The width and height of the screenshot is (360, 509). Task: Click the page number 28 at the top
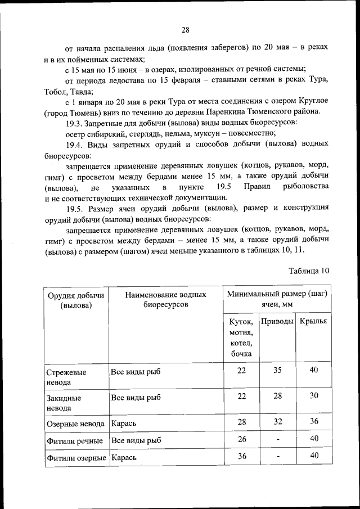(x=185, y=30)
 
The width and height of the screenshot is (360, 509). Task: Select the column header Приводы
(x=277, y=321)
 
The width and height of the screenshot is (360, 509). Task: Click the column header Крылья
(x=313, y=321)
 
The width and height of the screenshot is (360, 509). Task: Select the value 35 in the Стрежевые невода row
(x=277, y=370)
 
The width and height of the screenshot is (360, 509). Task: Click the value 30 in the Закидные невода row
(x=314, y=395)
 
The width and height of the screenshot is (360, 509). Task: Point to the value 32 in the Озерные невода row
(x=277, y=421)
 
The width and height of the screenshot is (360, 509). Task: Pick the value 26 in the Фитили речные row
(x=242, y=438)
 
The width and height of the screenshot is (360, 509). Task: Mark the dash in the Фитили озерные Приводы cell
(x=277, y=457)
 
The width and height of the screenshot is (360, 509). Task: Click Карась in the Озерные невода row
(x=124, y=422)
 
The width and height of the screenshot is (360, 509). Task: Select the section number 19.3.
(x=75, y=122)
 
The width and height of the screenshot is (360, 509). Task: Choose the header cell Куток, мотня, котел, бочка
(x=241, y=337)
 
